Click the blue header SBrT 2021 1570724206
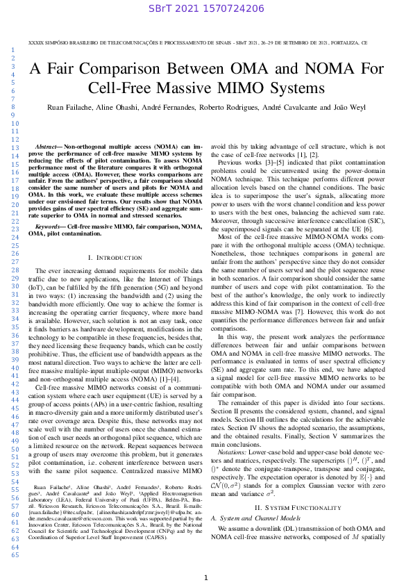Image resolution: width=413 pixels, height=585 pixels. [x=206, y=8]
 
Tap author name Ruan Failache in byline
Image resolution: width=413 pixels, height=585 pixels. [x=68, y=108]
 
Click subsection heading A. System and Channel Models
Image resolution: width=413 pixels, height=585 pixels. [x=260, y=479]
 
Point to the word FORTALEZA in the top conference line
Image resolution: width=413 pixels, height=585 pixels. [x=347, y=42]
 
